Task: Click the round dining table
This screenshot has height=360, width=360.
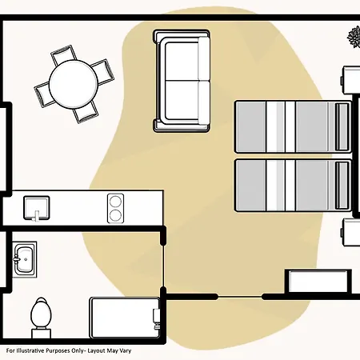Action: coord(74,84)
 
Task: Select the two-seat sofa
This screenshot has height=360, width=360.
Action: coord(182,81)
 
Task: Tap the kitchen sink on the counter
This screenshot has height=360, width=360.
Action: coord(37,208)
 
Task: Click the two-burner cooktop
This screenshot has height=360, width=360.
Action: coord(115,208)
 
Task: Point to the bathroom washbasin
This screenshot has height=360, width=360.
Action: coord(25,259)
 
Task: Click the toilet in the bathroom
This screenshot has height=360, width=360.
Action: coord(41,318)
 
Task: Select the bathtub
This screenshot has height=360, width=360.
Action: coord(125,318)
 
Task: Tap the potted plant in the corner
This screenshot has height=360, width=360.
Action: coord(354,37)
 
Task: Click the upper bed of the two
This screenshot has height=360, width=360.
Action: coord(293,127)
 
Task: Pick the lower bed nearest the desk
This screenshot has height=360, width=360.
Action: coord(293,186)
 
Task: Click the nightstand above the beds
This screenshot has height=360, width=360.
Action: coord(350,80)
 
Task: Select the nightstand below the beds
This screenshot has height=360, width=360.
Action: coord(350,232)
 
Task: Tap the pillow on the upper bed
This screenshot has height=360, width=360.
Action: coord(342,127)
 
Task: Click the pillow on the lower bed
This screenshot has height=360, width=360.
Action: coord(342,186)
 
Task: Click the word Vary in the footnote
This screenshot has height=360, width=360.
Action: coord(126,351)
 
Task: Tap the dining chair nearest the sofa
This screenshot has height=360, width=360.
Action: coord(103,72)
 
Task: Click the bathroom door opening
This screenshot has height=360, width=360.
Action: coord(163,266)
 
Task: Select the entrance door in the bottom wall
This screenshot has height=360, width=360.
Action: coord(240,297)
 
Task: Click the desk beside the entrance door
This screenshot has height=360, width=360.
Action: coord(318,282)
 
